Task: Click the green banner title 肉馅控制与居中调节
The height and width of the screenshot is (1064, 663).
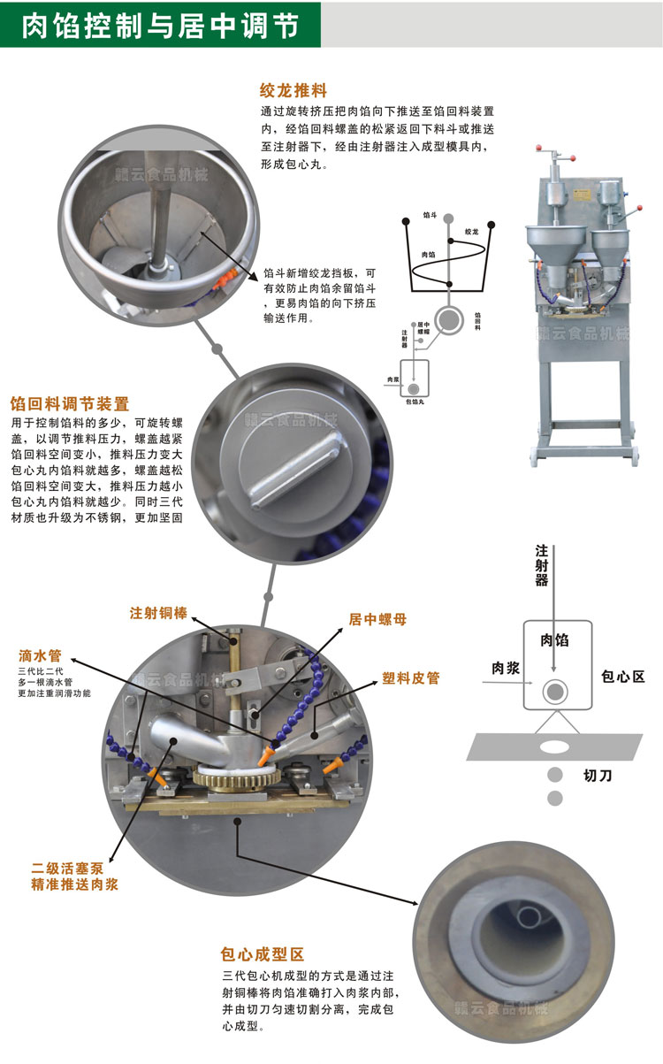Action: point(159,24)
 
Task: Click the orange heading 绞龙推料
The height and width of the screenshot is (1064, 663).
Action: point(293,90)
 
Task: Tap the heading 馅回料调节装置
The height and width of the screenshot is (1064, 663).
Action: point(69,404)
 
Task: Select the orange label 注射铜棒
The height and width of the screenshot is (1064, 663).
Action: point(158,612)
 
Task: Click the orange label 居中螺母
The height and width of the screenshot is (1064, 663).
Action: point(377,620)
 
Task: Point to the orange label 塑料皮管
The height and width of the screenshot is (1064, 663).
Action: point(410,678)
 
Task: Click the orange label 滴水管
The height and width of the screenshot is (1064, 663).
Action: point(40,656)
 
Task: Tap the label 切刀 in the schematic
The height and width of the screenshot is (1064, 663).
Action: point(598,776)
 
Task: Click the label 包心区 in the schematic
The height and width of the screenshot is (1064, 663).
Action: point(623,677)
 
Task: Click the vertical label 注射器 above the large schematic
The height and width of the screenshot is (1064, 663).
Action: point(541,565)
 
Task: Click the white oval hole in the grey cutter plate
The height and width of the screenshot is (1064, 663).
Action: point(554,746)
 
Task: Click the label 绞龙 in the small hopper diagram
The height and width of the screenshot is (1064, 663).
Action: point(471,232)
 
